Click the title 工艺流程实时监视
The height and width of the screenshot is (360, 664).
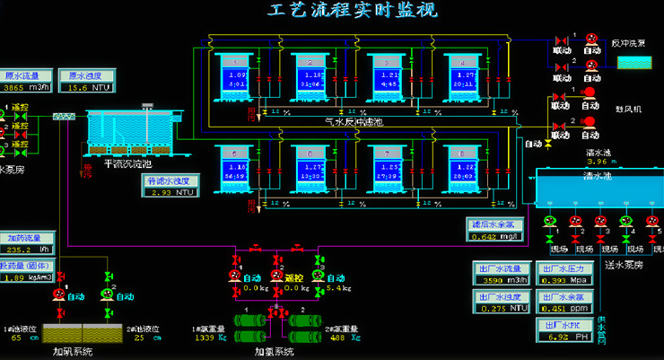(x=352, y=12)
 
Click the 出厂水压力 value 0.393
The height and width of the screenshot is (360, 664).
(x=555, y=280)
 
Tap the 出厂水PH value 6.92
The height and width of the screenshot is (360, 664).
(x=555, y=338)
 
